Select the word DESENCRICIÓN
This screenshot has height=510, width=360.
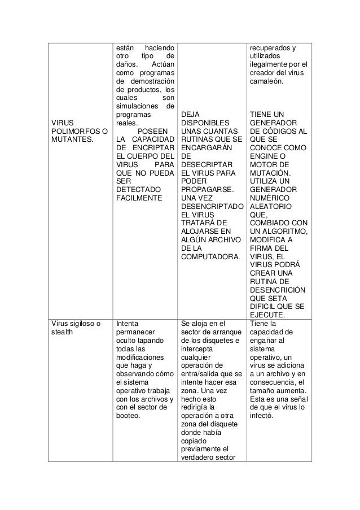(x=277, y=290)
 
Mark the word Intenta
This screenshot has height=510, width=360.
(x=127, y=324)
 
